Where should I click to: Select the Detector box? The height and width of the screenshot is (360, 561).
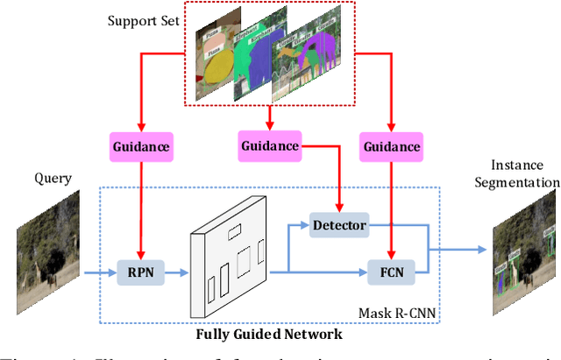click(339, 226)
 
